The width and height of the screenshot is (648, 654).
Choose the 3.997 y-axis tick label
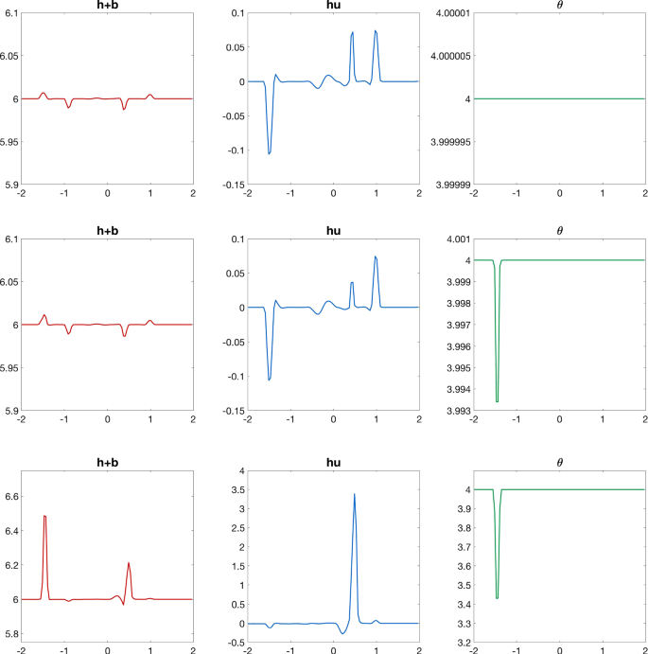click(457, 325)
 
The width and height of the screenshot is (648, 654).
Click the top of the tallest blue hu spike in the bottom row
click(354, 494)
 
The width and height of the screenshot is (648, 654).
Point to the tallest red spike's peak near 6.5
click(44, 516)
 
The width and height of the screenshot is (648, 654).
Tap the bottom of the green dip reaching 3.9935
click(497, 401)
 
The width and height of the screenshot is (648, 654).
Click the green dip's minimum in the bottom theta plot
click(497, 598)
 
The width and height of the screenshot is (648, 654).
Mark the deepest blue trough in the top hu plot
click(269, 153)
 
